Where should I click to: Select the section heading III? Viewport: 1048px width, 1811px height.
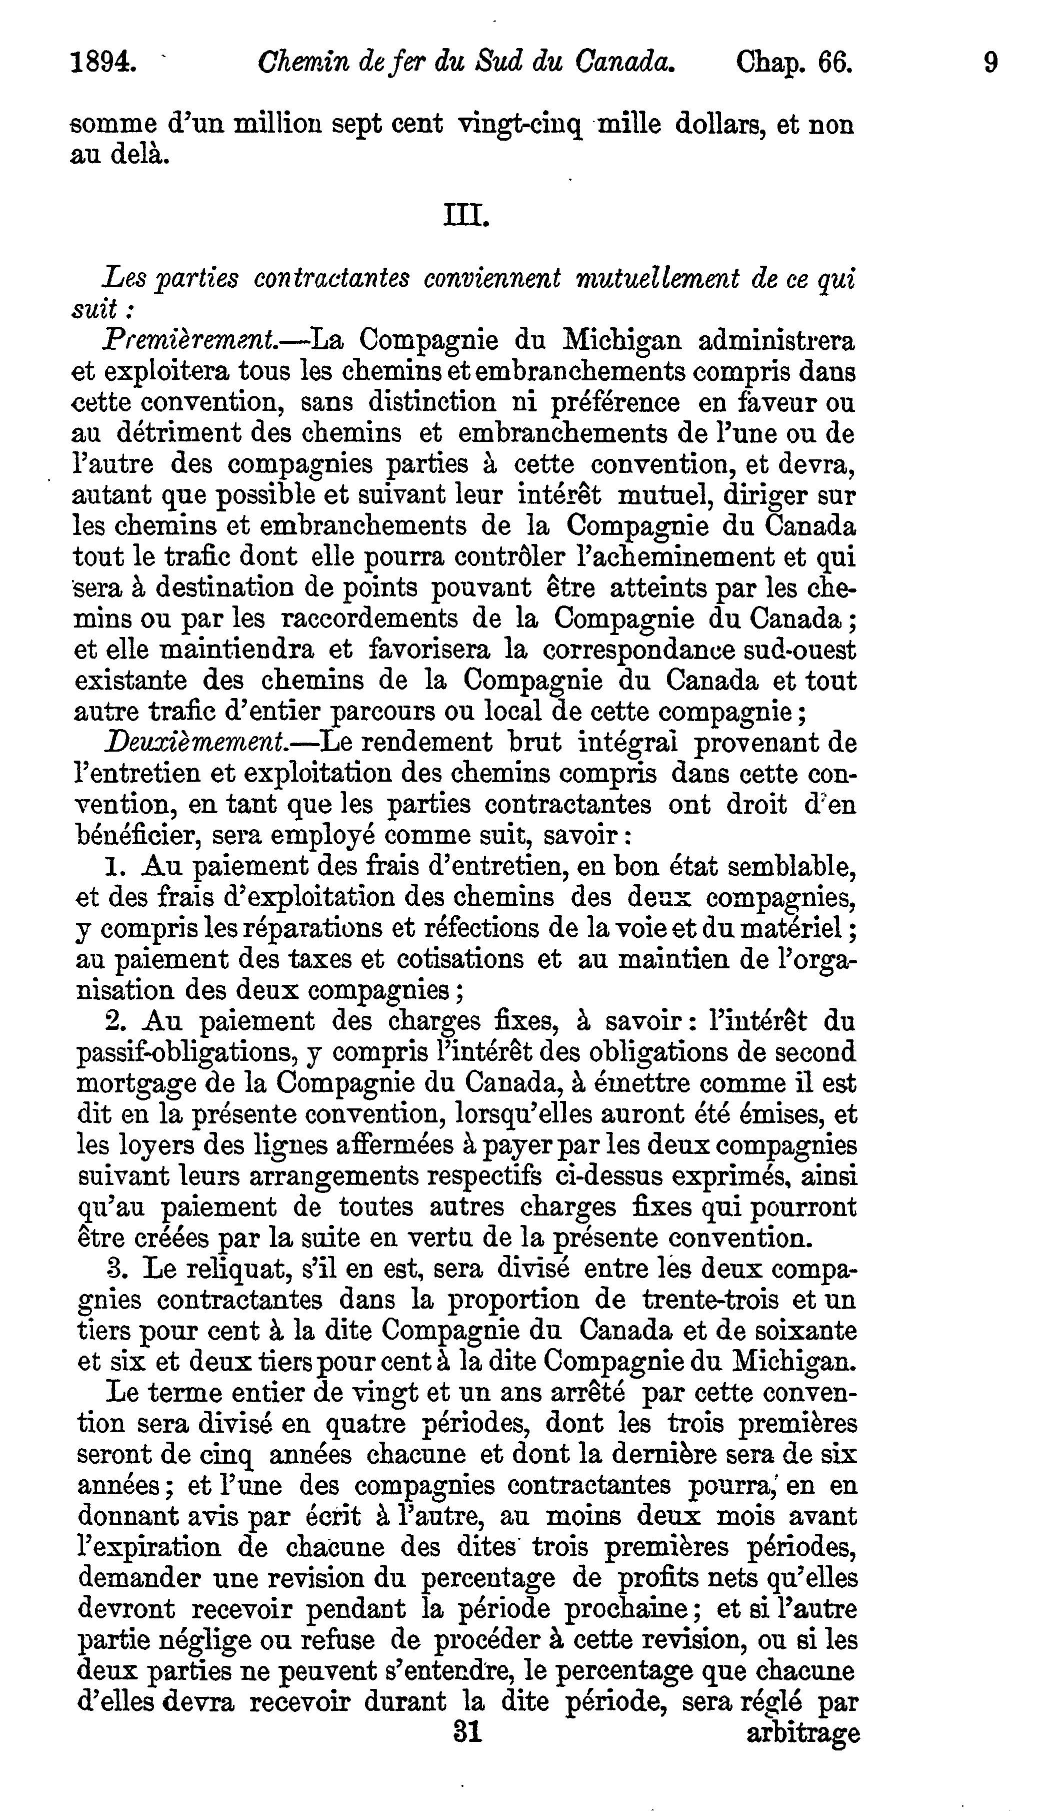coord(467,215)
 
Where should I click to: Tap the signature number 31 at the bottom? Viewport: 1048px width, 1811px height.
coord(467,1734)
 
